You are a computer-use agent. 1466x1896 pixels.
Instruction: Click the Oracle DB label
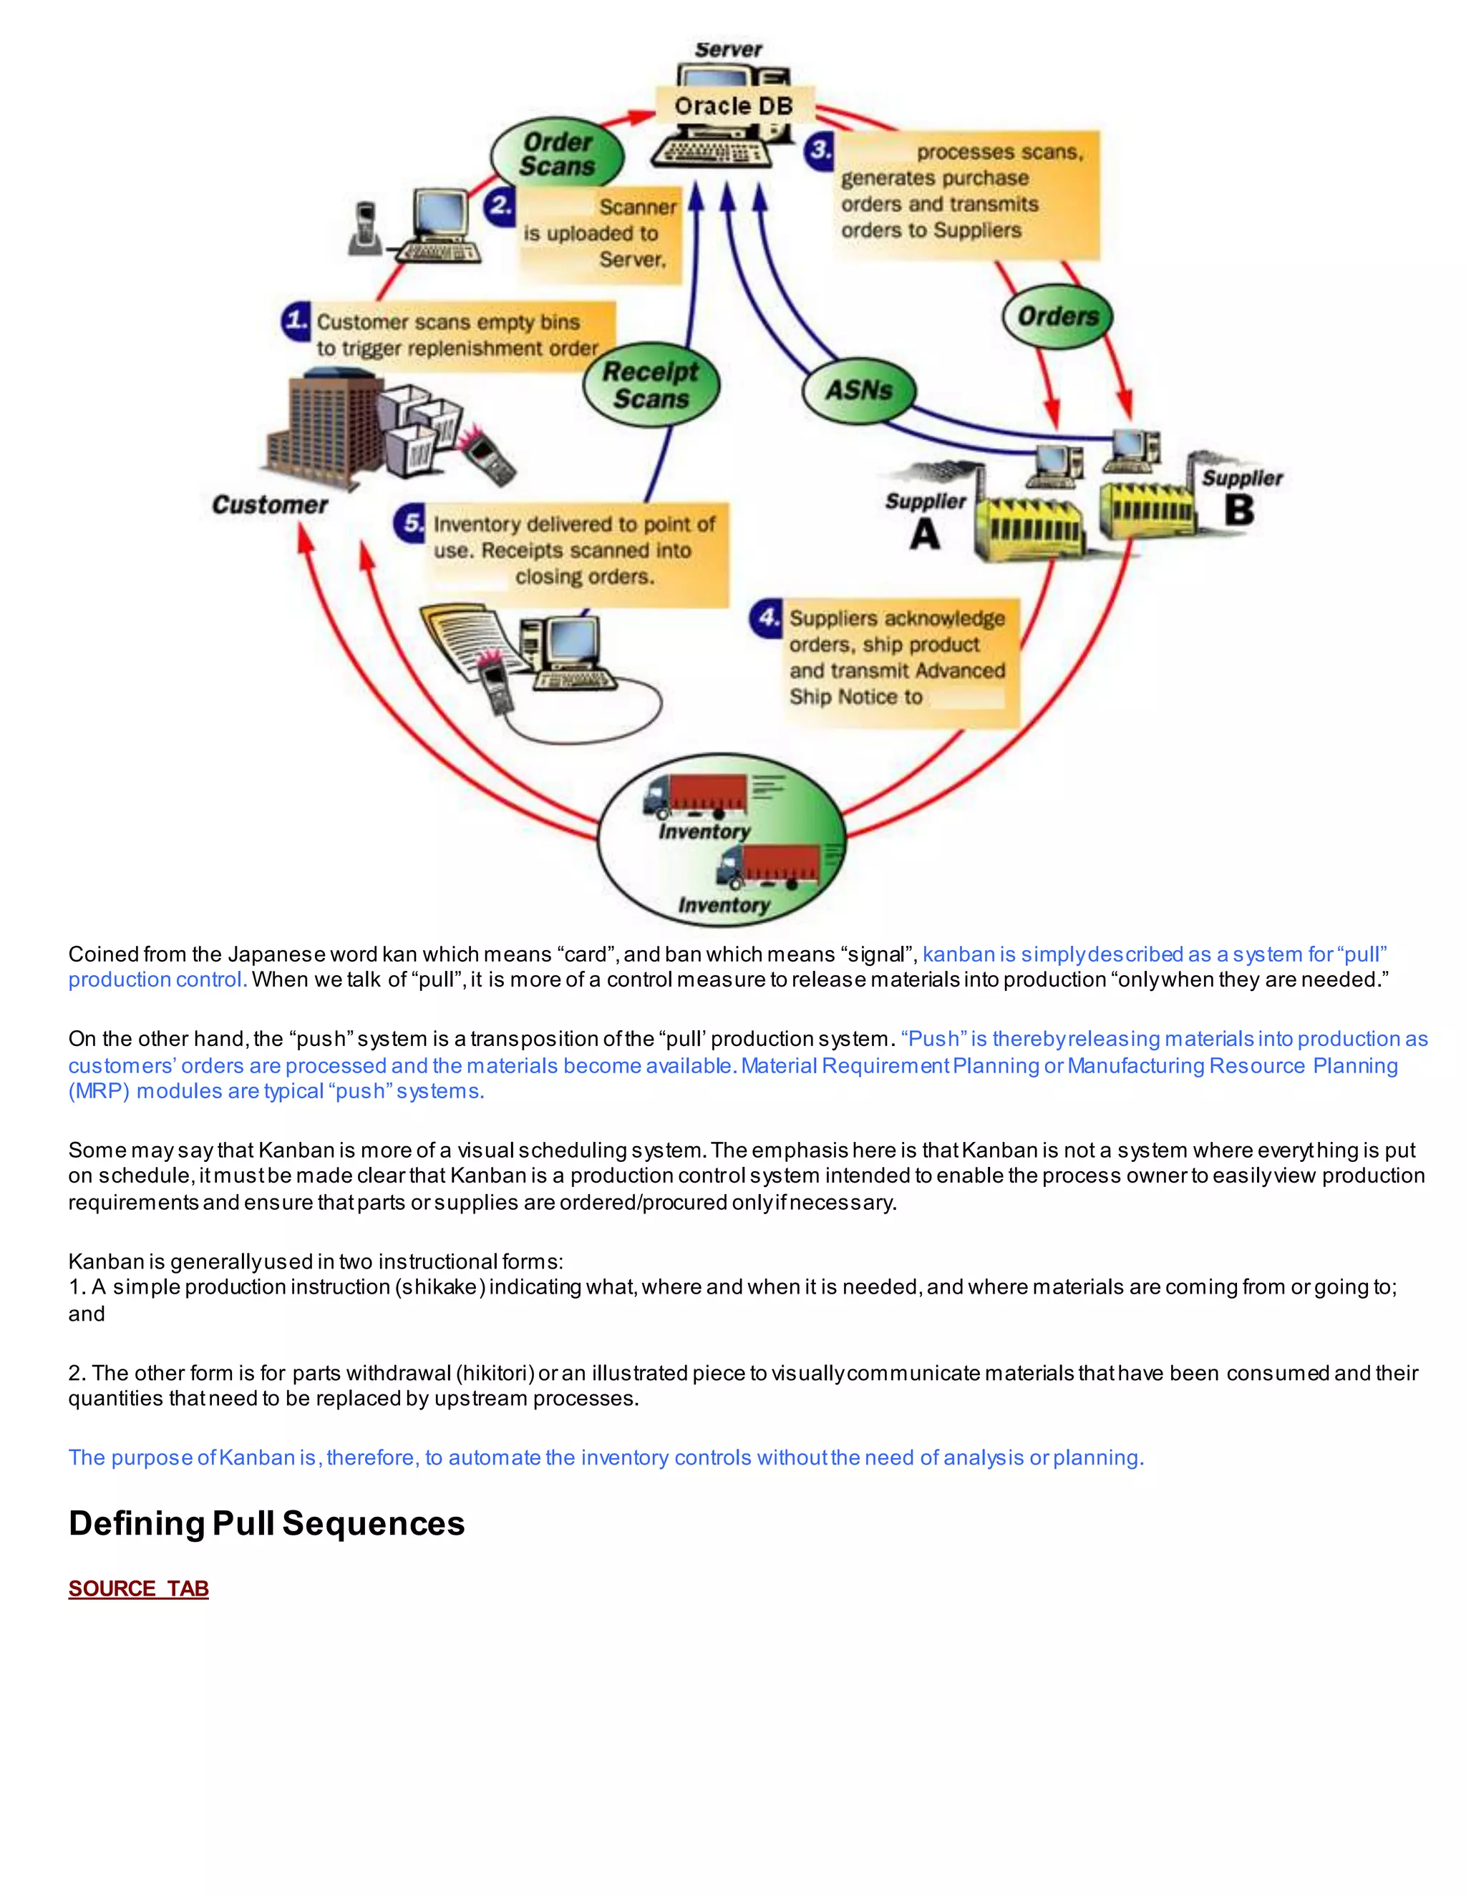[x=734, y=106]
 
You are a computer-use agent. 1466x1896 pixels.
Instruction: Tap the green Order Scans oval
[x=557, y=155]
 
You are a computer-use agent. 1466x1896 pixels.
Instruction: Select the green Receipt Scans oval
[x=651, y=385]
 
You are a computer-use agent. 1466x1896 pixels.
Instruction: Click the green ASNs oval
[x=858, y=391]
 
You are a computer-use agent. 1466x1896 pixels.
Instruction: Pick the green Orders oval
[x=1057, y=317]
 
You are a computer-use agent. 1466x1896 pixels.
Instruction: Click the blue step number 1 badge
[x=296, y=321]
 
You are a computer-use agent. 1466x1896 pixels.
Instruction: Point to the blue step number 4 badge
[x=766, y=618]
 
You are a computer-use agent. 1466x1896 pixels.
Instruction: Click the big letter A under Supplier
[x=925, y=533]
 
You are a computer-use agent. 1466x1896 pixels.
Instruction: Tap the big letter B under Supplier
[x=1239, y=509]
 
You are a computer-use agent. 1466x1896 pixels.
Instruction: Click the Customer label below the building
[x=270, y=505]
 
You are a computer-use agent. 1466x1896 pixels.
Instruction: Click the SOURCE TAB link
[x=139, y=1588]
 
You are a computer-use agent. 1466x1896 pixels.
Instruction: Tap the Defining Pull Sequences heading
[x=266, y=1523]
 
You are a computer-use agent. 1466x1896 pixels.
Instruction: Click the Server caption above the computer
[x=728, y=49]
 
